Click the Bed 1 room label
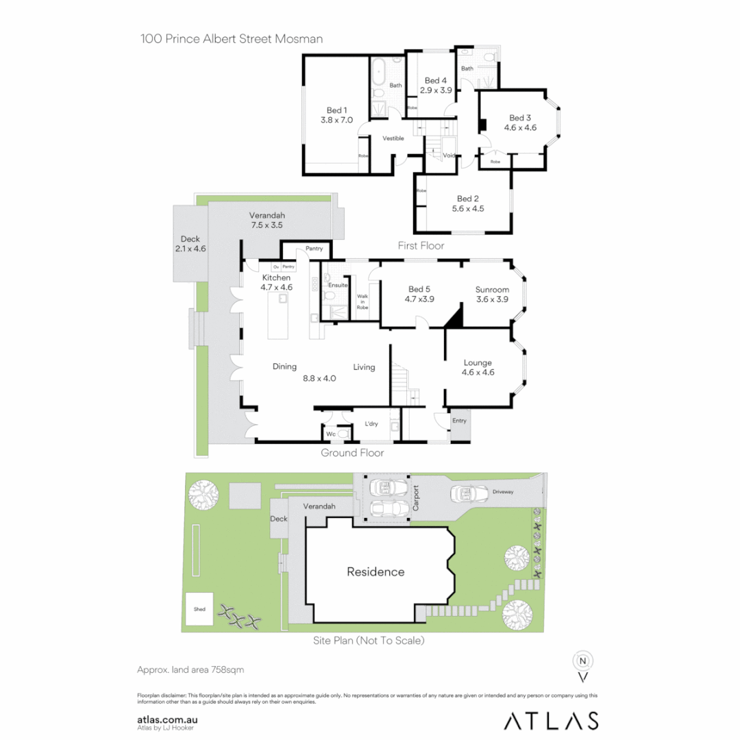pos(336,110)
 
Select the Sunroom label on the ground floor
pos(492,290)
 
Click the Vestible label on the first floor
pos(393,138)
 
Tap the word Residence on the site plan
pos(375,571)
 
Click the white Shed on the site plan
pos(199,608)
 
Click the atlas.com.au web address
pos(168,719)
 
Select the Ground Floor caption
pos(352,453)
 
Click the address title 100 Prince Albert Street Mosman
pos(232,38)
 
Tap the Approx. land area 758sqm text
pos(191,669)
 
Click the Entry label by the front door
pos(458,420)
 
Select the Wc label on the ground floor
pos(330,434)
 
